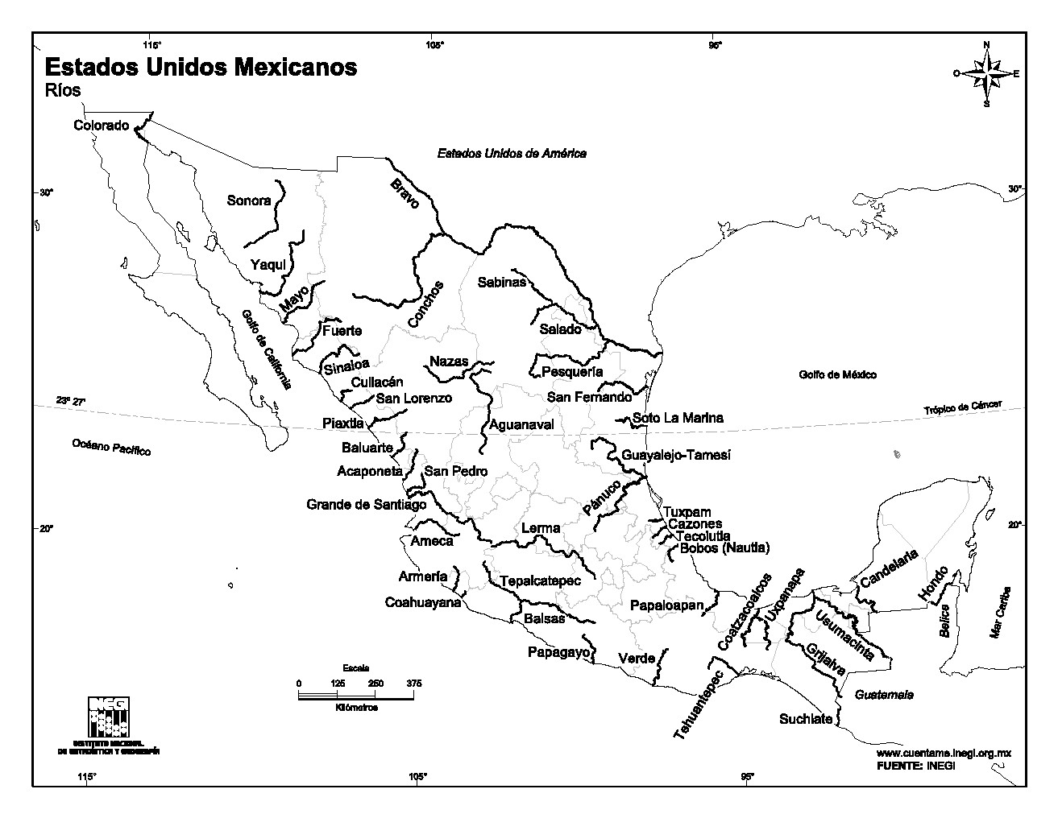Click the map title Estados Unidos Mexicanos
coord(200,67)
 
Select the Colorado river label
coord(101,126)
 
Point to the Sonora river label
coord(248,200)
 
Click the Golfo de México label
coord(837,375)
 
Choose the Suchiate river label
coord(805,719)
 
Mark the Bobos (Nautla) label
coord(724,548)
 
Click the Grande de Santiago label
coord(366,505)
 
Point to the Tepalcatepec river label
coord(540,581)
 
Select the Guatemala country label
coord(884,694)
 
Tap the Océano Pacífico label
coord(111,448)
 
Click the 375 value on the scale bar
coord(414,683)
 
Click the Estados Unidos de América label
coord(512,153)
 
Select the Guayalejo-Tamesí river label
coord(675,456)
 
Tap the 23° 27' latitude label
coord(70,401)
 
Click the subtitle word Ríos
coord(62,91)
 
